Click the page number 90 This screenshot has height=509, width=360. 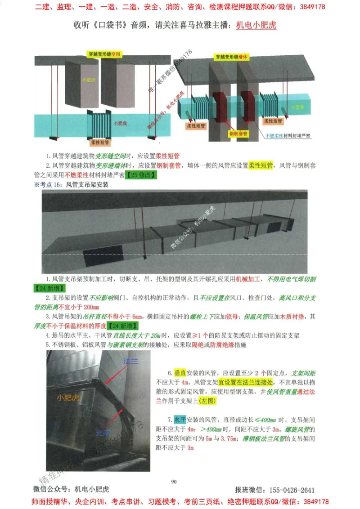coord(174,482)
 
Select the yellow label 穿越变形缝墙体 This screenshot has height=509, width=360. coord(233,57)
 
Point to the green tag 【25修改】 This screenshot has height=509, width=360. coord(140,175)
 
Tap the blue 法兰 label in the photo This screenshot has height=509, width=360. coord(131,361)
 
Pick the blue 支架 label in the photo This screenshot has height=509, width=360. coord(103,433)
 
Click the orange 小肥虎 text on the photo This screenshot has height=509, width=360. coord(68,397)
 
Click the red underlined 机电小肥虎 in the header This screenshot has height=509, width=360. coord(256,25)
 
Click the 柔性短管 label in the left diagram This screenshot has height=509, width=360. coord(102,142)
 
